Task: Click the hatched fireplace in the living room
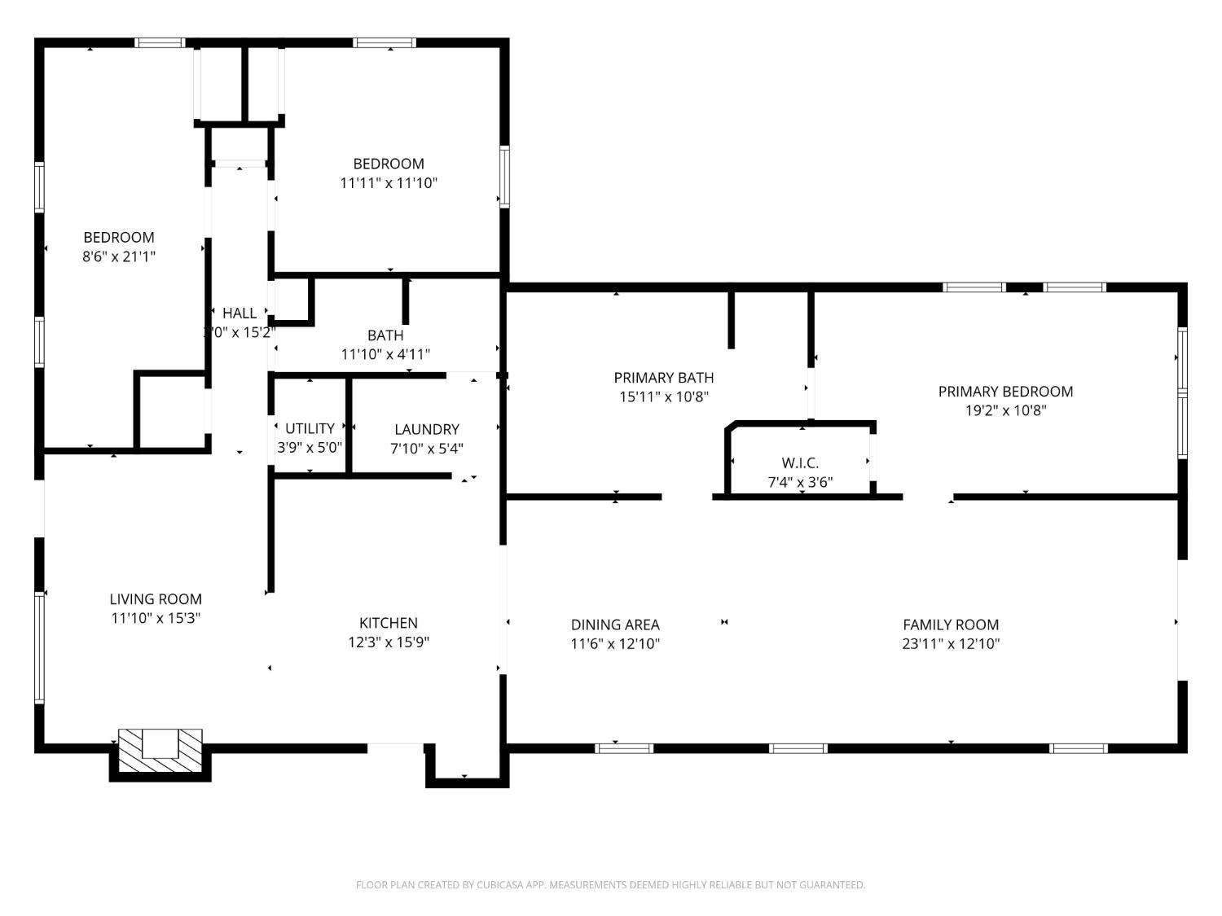[160, 751]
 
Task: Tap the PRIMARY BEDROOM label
[1005, 392]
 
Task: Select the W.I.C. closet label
[800, 462]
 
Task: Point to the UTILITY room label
[310, 428]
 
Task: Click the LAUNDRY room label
[427, 429]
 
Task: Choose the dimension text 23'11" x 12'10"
[951, 643]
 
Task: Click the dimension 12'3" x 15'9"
[389, 642]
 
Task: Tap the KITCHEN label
[389, 623]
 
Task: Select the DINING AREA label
[615, 625]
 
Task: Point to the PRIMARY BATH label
[664, 378]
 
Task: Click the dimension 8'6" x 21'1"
[119, 256]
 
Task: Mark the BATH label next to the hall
[385, 335]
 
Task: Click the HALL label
[240, 313]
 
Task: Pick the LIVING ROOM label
[156, 599]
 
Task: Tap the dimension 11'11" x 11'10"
[389, 182]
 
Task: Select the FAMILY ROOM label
[951, 625]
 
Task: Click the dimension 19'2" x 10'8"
[1005, 410]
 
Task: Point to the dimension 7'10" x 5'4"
[427, 449]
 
